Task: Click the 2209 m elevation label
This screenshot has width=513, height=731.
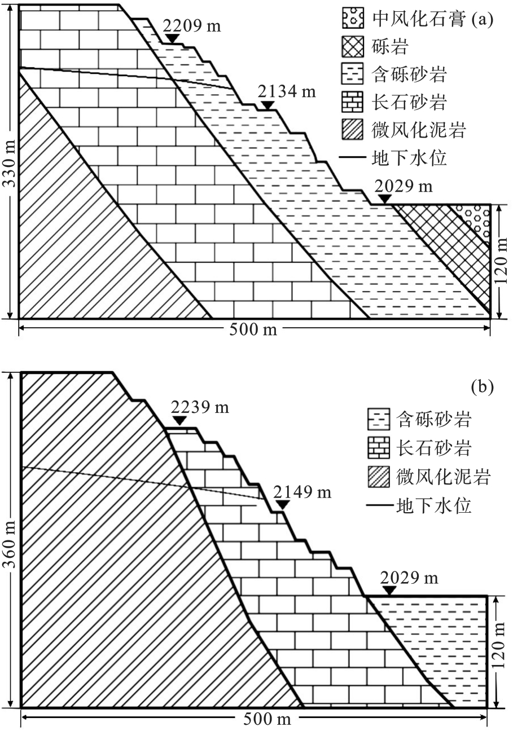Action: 192,26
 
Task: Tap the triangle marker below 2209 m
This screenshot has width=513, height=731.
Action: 172,38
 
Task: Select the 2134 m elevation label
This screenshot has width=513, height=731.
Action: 287,91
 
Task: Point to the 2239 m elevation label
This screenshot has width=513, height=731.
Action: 200,407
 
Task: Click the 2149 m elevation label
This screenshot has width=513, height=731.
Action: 302,492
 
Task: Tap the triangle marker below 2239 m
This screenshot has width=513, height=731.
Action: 179,420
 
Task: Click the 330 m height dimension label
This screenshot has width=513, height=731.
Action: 10,164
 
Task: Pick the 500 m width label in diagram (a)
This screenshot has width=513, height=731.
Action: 253,329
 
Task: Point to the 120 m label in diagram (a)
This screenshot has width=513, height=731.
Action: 501,261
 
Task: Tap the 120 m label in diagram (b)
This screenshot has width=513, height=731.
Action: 499,645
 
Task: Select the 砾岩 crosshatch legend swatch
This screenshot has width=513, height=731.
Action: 352,47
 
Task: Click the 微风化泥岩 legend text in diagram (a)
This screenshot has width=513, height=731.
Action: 419,130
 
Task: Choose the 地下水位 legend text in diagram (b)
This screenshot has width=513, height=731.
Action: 433,506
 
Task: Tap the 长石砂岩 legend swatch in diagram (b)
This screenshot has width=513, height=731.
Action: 379,447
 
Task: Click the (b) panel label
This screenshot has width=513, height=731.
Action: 483,386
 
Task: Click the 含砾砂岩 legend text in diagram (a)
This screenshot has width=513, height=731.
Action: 409,74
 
